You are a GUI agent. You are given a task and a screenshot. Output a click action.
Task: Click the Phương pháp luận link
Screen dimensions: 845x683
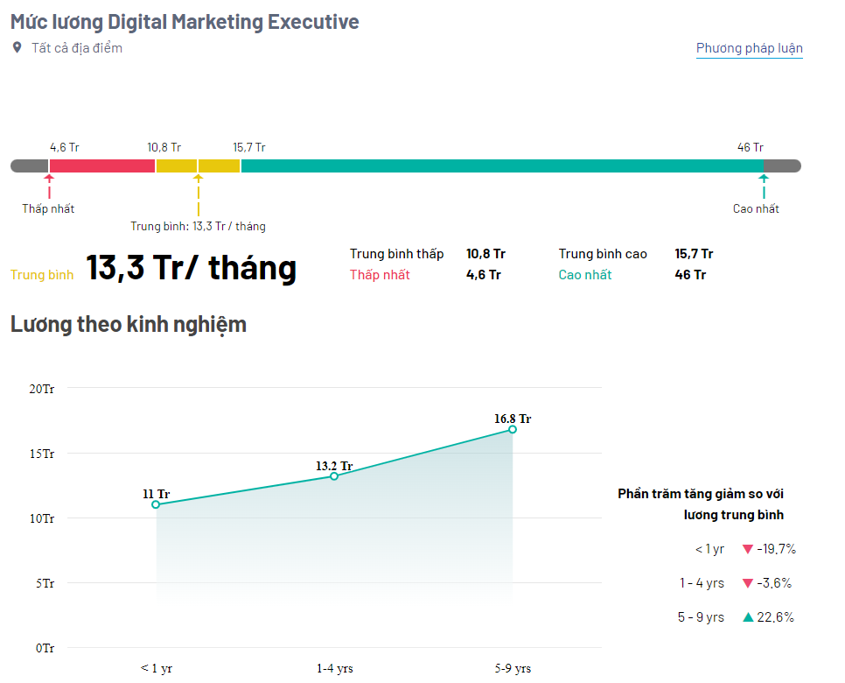click(749, 48)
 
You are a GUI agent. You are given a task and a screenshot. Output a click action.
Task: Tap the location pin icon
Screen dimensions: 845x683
click(17, 47)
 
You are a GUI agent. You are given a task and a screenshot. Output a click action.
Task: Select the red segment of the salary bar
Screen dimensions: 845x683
click(101, 165)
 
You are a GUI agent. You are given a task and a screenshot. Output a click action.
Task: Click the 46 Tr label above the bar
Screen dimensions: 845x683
click(751, 147)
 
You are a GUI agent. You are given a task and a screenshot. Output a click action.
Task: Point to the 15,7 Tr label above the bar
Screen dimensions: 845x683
click(249, 147)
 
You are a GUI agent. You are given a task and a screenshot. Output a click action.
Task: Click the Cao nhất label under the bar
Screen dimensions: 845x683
click(756, 208)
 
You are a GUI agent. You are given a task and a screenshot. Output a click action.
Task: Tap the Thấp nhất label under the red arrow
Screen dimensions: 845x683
click(48, 208)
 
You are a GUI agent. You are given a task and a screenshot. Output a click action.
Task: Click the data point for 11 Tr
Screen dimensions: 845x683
click(156, 504)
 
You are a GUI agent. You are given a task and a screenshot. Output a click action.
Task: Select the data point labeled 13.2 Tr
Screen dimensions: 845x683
click(334, 475)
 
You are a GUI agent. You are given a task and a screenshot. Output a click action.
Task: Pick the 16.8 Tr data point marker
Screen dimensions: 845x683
click(513, 429)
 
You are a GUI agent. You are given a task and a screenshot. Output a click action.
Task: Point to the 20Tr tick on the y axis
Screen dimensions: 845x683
click(41, 389)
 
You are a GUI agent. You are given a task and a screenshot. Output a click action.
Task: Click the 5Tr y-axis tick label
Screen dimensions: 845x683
click(45, 583)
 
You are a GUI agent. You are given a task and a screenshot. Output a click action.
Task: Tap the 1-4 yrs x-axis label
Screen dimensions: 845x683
click(335, 668)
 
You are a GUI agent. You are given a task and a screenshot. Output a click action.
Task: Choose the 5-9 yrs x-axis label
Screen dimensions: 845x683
click(513, 668)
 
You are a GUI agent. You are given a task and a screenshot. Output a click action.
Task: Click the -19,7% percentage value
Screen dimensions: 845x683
click(776, 549)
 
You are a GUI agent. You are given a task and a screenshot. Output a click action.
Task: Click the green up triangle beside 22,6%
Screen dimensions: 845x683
click(748, 617)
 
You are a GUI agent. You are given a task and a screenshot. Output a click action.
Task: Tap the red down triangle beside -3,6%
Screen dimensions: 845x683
click(747, 583)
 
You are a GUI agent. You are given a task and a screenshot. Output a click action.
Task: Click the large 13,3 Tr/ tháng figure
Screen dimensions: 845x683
click(192, 268)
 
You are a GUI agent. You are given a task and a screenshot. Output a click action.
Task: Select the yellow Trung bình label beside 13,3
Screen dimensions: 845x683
click(42, 275)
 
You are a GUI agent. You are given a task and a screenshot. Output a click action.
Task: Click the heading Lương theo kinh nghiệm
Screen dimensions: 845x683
click(129, 325)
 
